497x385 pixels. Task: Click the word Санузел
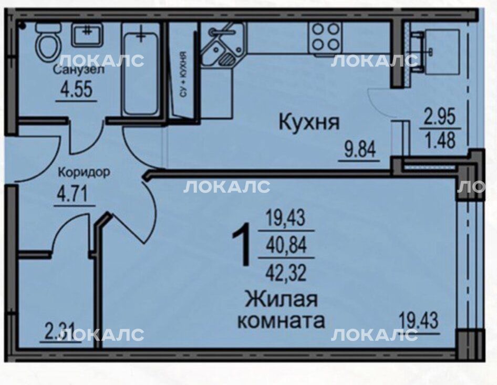(79, 69)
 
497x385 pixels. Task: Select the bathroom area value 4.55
(77, 89)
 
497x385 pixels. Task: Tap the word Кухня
(309, 122)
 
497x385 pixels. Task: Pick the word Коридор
(84, 172)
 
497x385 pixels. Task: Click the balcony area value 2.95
(440, 116)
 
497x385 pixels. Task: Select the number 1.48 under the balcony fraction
(440, 140)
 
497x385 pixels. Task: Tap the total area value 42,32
(286, 273)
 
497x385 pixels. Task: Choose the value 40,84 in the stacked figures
(286, 246)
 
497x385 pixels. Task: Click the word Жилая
(282, 299)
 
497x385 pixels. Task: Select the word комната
(282, 320)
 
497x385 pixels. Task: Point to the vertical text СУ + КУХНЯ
(183, 74)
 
